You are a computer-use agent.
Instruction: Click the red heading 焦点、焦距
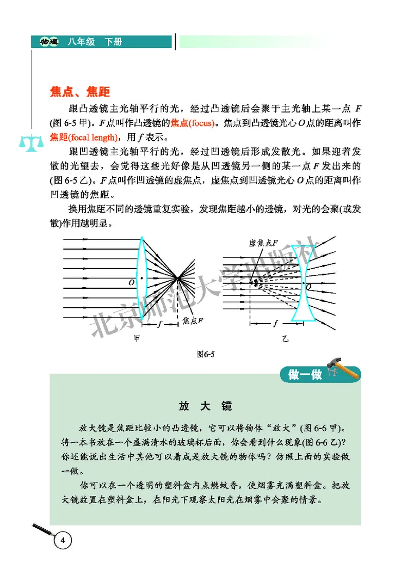pos(80,92)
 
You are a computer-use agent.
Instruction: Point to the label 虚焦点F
pos(263,243)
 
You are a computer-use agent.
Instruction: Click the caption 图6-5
pos(205,354)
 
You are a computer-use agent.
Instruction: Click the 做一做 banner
pos(306,375)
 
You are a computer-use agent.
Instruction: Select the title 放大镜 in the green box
pos(205,406)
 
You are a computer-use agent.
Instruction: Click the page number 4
pos(62,541)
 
